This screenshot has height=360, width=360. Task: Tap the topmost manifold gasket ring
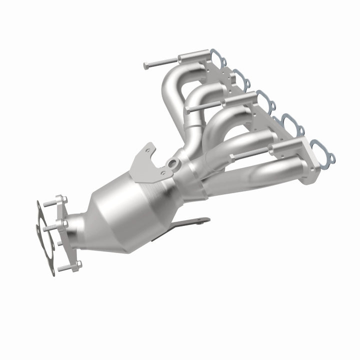(x=216, y=57)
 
